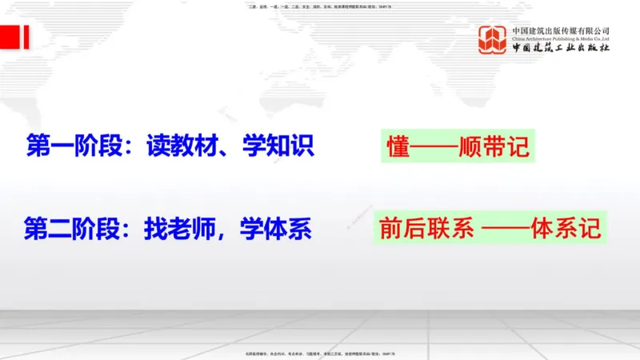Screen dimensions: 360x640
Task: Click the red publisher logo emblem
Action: pyautogui.click(x=493, y=40)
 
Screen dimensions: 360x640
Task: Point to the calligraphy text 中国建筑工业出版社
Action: pyautogui.click(x=560, y=48)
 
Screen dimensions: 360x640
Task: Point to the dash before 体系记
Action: pyautogui.click(x=508, y=230)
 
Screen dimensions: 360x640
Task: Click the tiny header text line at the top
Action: pyautogui.click(x=320, y=6)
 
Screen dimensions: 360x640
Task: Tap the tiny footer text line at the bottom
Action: pyautogui.click(x=320, y=354)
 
